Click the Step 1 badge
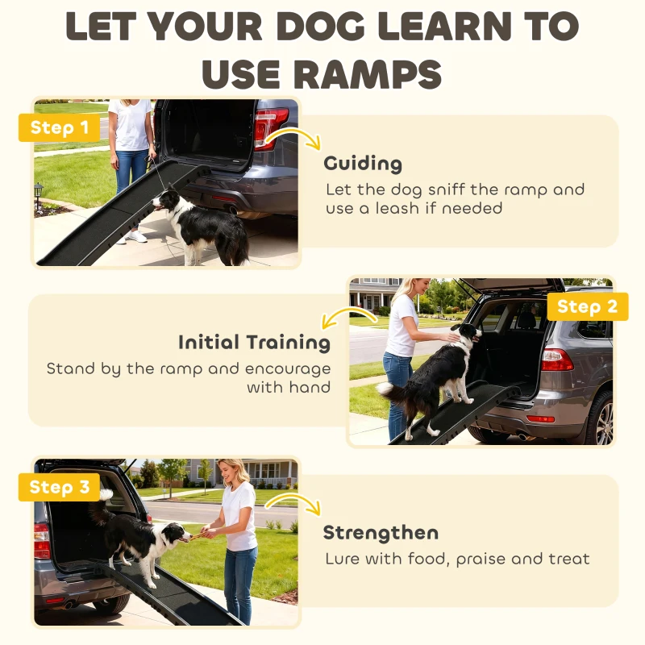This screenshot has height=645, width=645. tap(59, 127)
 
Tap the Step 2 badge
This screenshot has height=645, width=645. tap(587, 306)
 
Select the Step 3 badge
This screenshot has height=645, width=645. tap(60, 487)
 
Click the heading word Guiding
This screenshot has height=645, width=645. tap(363, 164)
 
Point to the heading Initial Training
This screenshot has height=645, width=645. tap(254, 342)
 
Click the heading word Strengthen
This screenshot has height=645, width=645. tap(381, 532)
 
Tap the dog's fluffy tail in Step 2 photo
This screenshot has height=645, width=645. tap(388, 392)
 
